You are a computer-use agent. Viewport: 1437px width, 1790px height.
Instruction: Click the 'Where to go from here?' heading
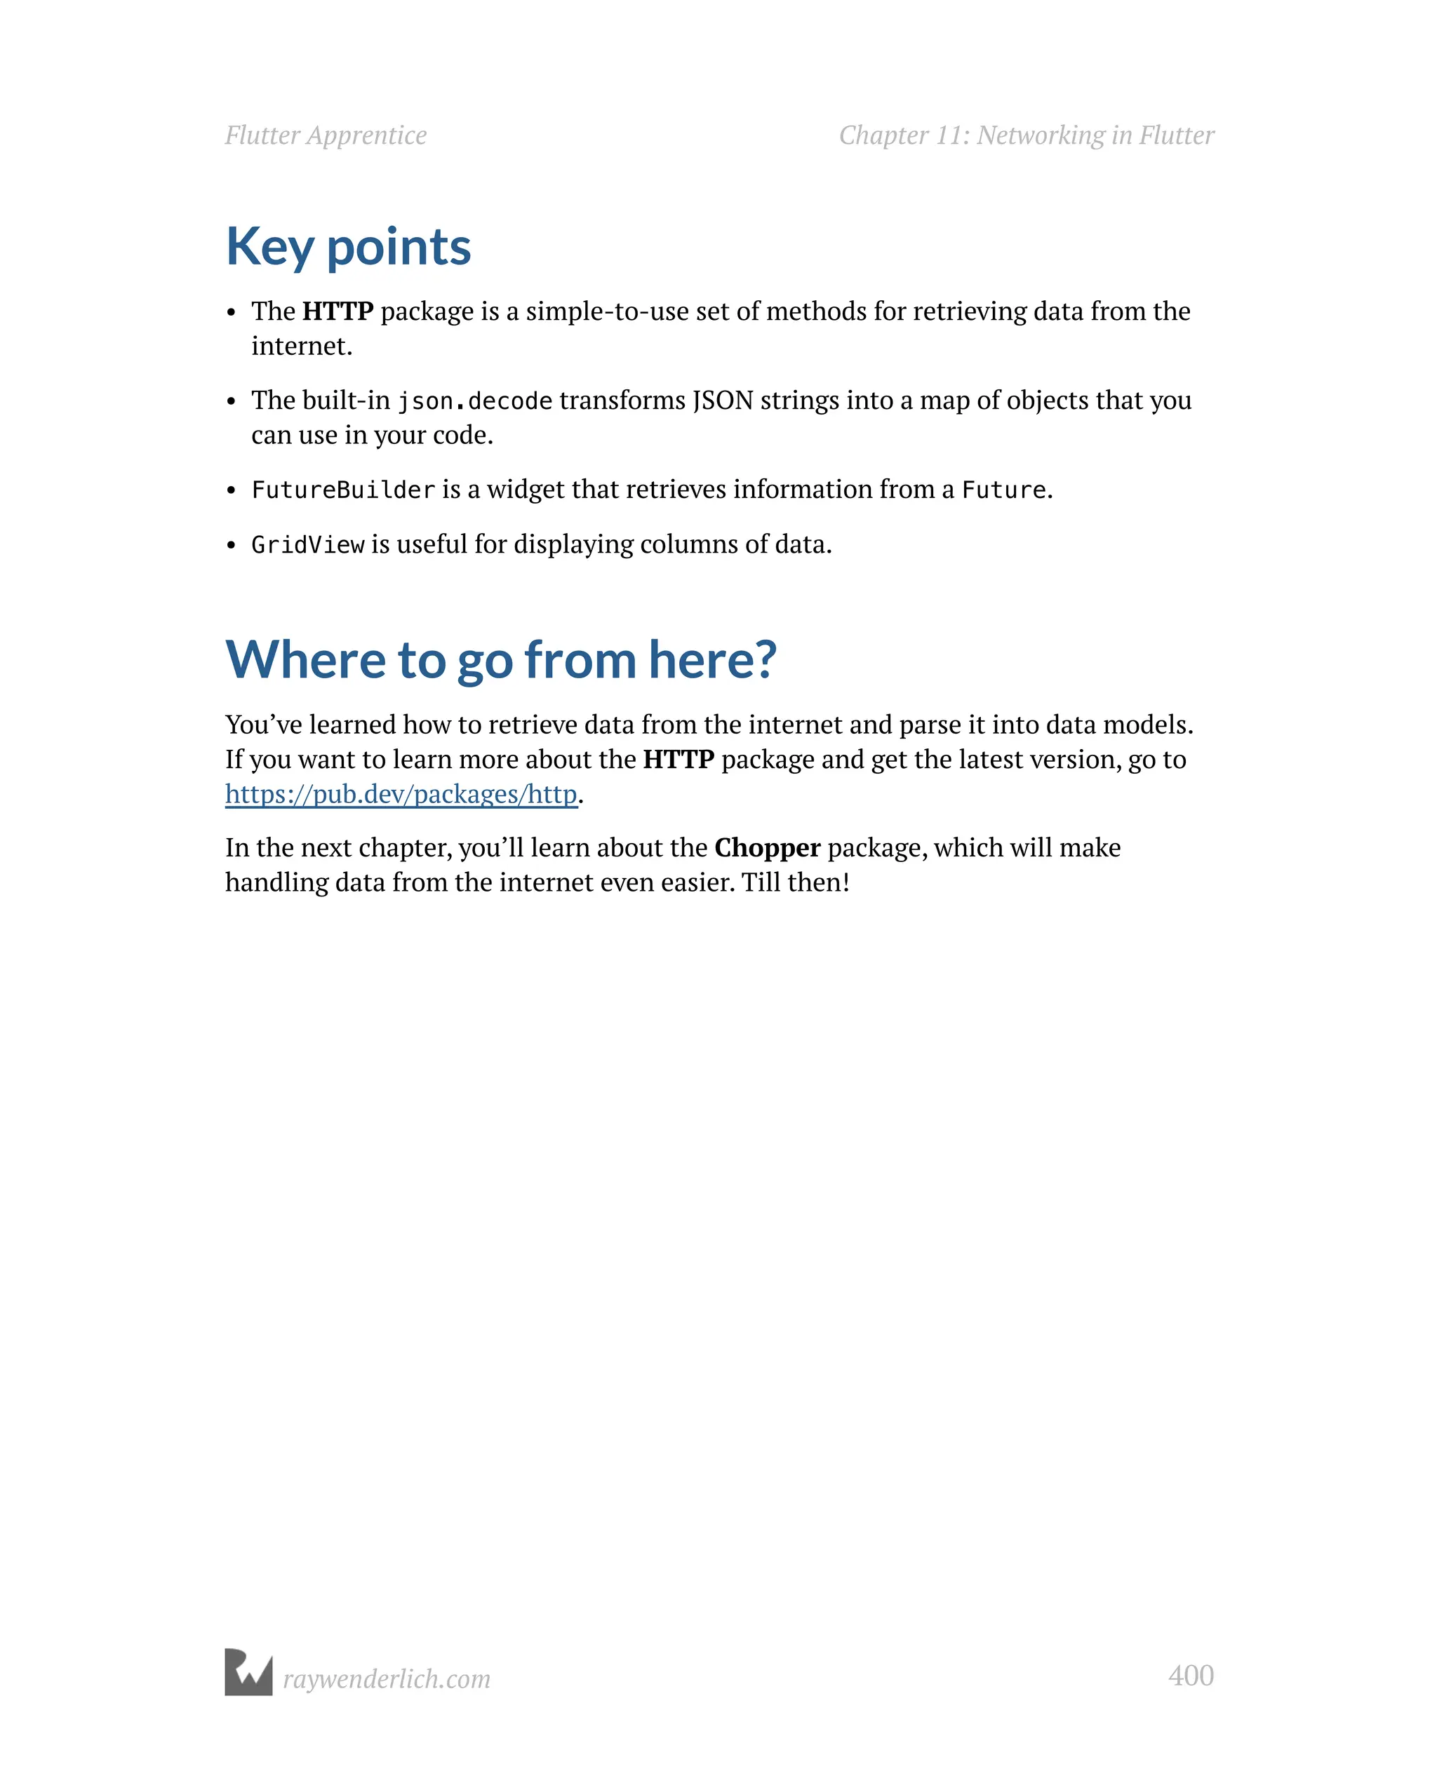click(x=500, y=660)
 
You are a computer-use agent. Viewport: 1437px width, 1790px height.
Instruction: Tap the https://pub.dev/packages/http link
click(x=401, y=795)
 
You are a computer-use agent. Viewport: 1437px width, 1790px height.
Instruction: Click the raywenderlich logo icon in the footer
click(x=248, y=1672)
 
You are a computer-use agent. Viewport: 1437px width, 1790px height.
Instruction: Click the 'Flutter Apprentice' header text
click(x=326, y=135)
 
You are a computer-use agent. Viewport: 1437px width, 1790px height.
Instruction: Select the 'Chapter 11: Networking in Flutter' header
click(x=1026, y=135)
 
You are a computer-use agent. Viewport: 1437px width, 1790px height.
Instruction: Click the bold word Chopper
click(x=767, y=848)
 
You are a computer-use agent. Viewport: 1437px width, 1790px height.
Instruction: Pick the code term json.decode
click(x=474, y=401)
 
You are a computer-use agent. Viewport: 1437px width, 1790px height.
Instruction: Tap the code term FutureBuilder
click(x=343, y=490)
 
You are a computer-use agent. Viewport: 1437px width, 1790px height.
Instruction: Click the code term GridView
click(x=307, y=544)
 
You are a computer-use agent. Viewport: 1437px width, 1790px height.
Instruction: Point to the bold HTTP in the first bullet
click(x=337, y=311)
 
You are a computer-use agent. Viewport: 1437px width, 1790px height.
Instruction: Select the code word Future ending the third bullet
click(x=1003, y=490)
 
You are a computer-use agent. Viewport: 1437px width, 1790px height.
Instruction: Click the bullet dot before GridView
click(x=232, y=546)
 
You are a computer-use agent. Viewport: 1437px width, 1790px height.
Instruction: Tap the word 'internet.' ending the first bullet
click(x=302, y=346)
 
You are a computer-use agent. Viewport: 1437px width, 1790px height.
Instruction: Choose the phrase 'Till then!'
click(x=795, y=882)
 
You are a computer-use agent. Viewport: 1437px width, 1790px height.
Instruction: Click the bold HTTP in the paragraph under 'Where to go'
click(x=678, y=760)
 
